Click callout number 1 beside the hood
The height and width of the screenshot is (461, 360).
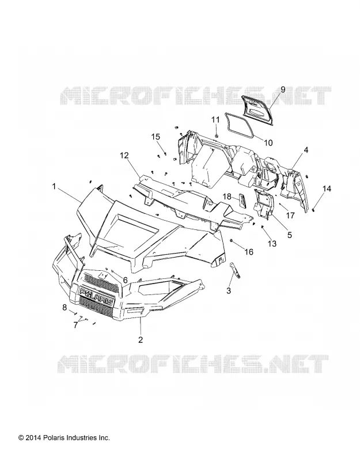(54, 186)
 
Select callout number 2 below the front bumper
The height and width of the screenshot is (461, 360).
(141, 339)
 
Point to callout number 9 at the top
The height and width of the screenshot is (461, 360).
(283, 89)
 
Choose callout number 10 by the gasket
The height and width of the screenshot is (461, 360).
(268, 142)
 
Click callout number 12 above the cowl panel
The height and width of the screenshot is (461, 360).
(124, 155)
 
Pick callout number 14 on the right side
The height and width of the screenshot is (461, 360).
(327, 188)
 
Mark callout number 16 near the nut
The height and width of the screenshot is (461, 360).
(249, 252)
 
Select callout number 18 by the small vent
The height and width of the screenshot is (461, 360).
(227, 196)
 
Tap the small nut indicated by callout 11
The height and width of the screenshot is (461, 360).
(217, 135)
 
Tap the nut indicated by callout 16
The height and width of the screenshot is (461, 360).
(232, 241)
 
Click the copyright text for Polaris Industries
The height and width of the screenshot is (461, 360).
(64, 438)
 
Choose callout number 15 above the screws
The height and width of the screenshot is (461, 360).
(156, 137)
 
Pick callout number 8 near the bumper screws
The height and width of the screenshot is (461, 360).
(65, 308)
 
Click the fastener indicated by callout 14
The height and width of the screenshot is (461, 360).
(313, 209)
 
